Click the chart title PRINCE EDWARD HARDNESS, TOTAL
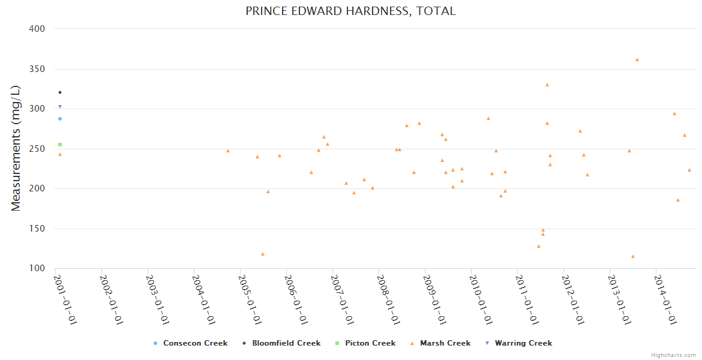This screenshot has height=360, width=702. click(350, 11)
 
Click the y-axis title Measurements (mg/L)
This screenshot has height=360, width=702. click(16, 148)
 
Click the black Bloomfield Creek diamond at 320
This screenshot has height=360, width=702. click(60, 92)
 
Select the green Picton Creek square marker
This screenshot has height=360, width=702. click(60, 145)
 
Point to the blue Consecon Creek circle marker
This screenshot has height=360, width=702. click(60, 119)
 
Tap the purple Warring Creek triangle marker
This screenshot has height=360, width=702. click(60, 107)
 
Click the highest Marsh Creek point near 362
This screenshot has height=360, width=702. click(637, 59)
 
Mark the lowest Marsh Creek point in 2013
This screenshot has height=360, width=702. click(633, 256)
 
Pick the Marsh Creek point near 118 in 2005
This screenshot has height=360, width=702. click(263, 254)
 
